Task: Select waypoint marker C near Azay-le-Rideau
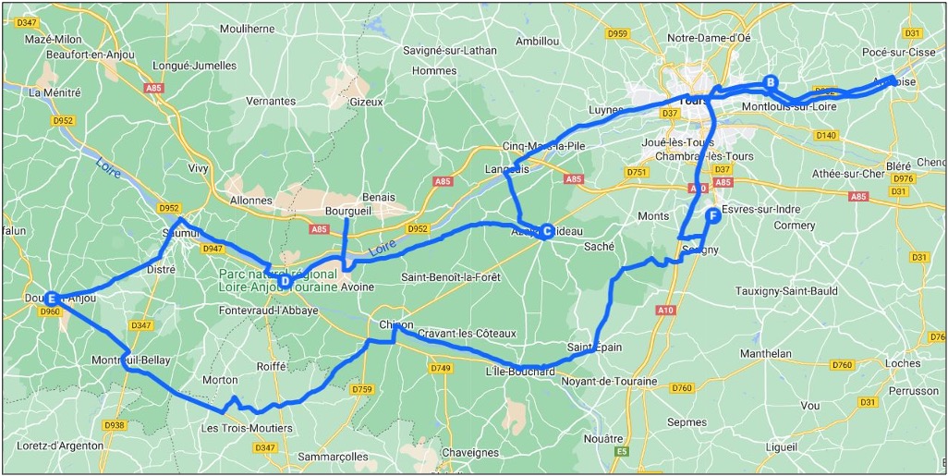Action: [x=547, y=231]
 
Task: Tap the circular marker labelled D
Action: [x=286, y=281]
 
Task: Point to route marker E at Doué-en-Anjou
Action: [x=53, y=299]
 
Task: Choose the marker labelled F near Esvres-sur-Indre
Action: [x=712, y=215]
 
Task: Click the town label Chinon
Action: [x=396, y=324]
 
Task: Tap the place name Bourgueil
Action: [x=347, y=210]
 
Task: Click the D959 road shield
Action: [x=617, y=33]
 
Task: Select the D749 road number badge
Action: [x=441, y=368]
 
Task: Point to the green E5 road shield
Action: [x=622, y=451]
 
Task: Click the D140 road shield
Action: [x=826, y=135]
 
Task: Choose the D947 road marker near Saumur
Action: [x=213, y=248]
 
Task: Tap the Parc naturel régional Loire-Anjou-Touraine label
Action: [x=278, y=281]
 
